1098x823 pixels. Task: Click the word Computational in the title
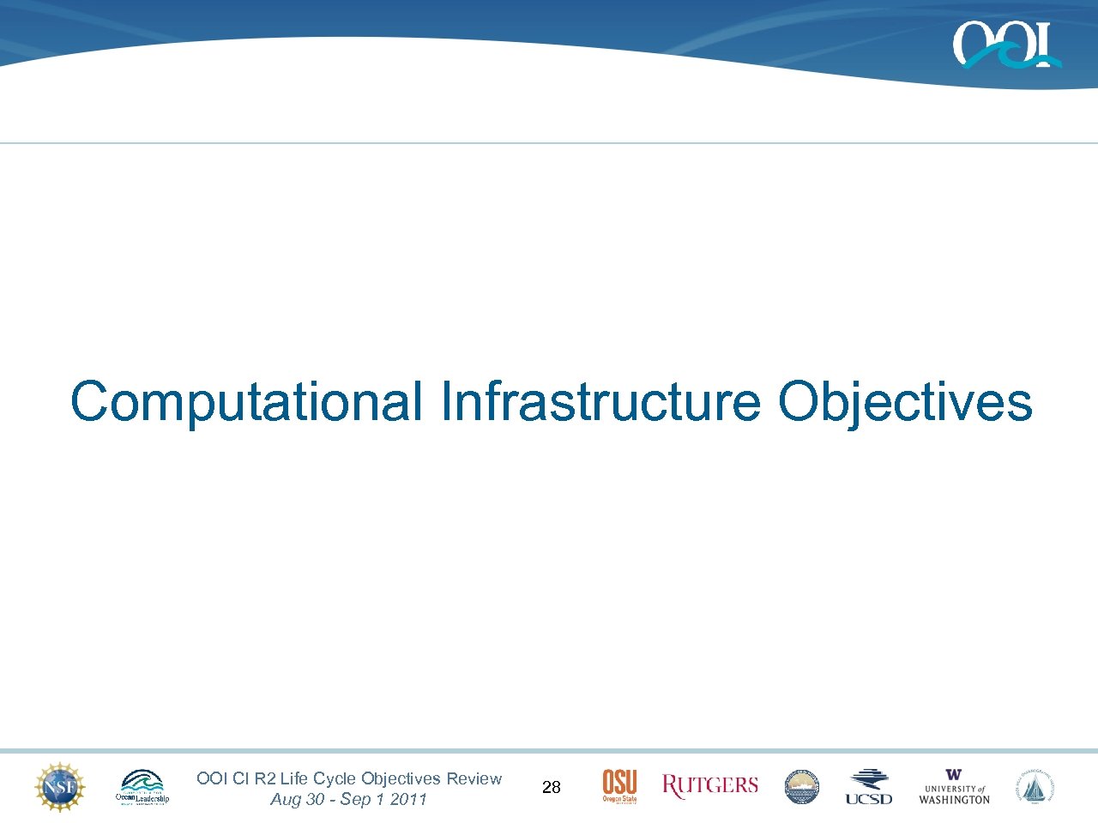[x=246, y=401]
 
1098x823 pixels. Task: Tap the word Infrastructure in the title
[x=600, y=401]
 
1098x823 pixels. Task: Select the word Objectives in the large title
[x=904, y=401]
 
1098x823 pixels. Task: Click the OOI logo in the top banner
[x=1006, y=45]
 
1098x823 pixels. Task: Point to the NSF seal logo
[x=60, y=787]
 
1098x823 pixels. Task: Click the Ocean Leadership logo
[x=142, y=787]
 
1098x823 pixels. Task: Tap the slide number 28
[x=552, y=787]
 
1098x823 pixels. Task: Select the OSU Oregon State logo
[x=619, y=786]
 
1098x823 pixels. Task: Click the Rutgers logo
[x=710, y=786]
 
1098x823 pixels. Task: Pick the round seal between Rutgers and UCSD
[x=802, y=787]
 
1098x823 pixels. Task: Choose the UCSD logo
[x=868, y=787]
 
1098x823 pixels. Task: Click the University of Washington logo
[x=954, y=787]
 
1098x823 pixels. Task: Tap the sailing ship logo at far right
[x=1035, y=787]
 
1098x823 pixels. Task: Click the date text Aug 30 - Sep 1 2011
[x=348, y=799]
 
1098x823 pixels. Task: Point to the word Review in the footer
[x=474, y=778]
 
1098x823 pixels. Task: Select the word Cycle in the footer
[x=335, y=778]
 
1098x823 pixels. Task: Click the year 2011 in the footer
[x=408, y=799]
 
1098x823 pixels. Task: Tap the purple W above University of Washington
[x=954, y=775]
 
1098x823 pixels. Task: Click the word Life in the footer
[x=293, y=778]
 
